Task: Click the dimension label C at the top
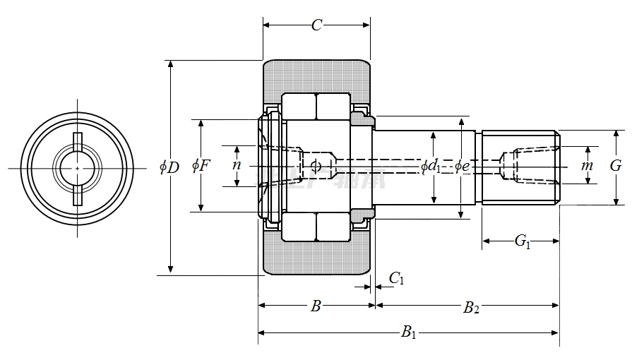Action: coord(317,25)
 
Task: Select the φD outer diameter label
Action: coord(169,167)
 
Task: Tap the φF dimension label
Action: coord(201,167)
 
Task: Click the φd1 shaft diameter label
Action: coord(431,167)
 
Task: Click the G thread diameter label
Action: coord(616,166)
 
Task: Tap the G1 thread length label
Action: coord(522,242)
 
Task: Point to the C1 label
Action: coord(397,279)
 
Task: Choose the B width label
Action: coord(316,306)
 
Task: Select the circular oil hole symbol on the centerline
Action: coord(315,166)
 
